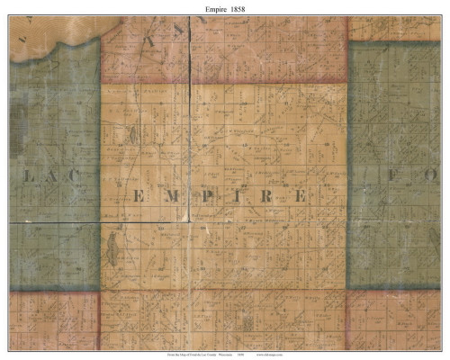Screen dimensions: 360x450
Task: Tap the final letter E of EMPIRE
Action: (301, 196)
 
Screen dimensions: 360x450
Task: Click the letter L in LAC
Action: (27, 178)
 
